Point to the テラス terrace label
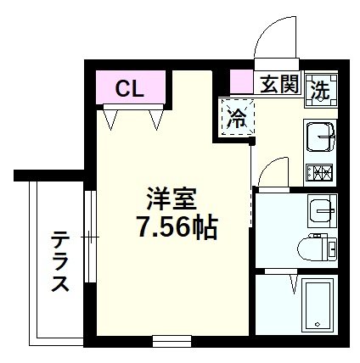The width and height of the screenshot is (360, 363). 59,260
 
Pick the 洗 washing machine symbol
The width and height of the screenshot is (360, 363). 321,87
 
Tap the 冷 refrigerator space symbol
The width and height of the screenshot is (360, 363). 238,117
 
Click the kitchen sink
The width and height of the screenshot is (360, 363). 321,135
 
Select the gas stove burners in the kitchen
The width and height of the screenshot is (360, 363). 321,174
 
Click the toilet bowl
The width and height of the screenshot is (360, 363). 318,247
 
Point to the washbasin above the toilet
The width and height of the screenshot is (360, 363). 320,209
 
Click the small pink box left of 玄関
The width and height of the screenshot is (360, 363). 241,84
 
